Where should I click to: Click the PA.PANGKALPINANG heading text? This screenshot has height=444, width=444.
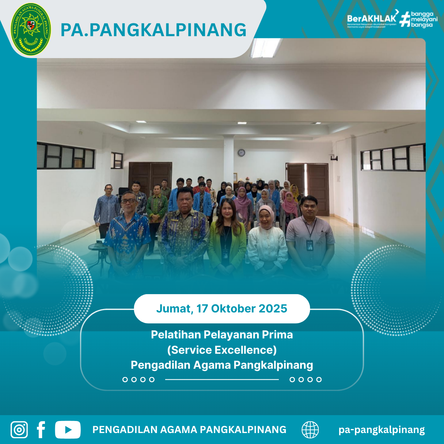(x=153, y=30)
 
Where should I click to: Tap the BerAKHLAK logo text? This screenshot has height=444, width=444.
(x=371, y=18)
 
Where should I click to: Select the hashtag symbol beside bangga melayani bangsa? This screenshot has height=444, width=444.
(x=405, y=19)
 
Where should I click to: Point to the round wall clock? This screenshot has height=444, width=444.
(x=241, y=152)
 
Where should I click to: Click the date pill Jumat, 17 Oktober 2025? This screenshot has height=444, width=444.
(x=222, y=309)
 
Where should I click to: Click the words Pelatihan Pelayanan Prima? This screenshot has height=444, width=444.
(x=222, y=335)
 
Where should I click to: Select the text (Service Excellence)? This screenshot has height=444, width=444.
(x=222, y=350)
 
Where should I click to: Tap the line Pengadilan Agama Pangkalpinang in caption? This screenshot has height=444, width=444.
(x=222, y=365)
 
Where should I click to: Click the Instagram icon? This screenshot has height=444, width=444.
(x=19, y=430)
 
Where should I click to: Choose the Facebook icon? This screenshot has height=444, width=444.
(x=41, y=430)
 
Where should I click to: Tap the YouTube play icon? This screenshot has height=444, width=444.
(x=68, y=430)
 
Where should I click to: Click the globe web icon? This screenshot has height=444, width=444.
(x=310, y=430)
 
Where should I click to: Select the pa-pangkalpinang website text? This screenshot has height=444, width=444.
(x=382, y=430)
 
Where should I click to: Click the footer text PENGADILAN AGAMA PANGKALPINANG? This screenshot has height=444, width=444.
(x=189, y=430)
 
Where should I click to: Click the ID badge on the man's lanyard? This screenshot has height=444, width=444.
(x=310, y=245)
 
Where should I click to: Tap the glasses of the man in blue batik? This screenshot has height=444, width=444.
(x=128, y=201)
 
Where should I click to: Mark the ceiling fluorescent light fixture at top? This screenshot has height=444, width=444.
(x=265, y=48)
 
